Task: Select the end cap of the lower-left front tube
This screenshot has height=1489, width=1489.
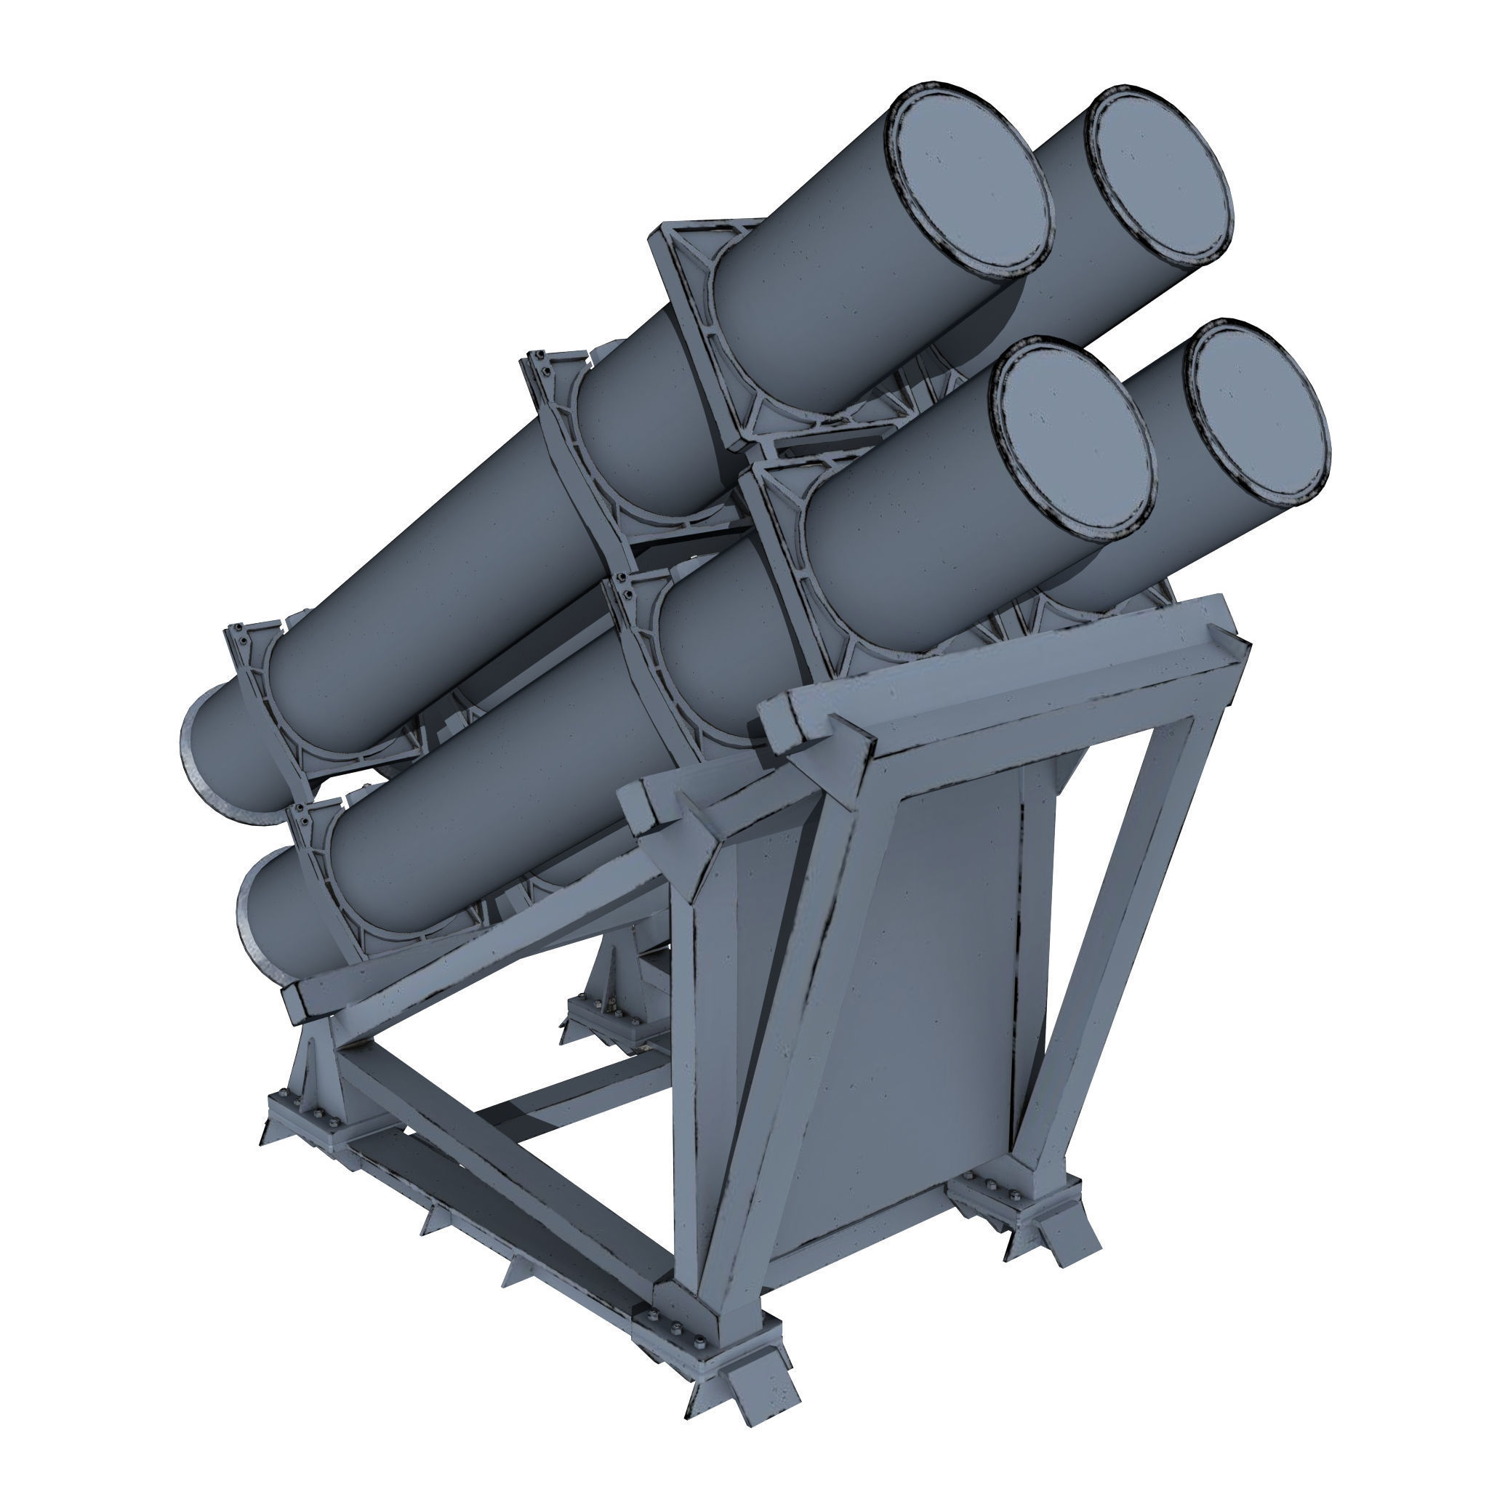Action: (1075, 440)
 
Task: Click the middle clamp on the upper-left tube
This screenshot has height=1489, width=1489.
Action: (570, 432)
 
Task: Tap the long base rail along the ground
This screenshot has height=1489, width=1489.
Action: (501, 1225)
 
